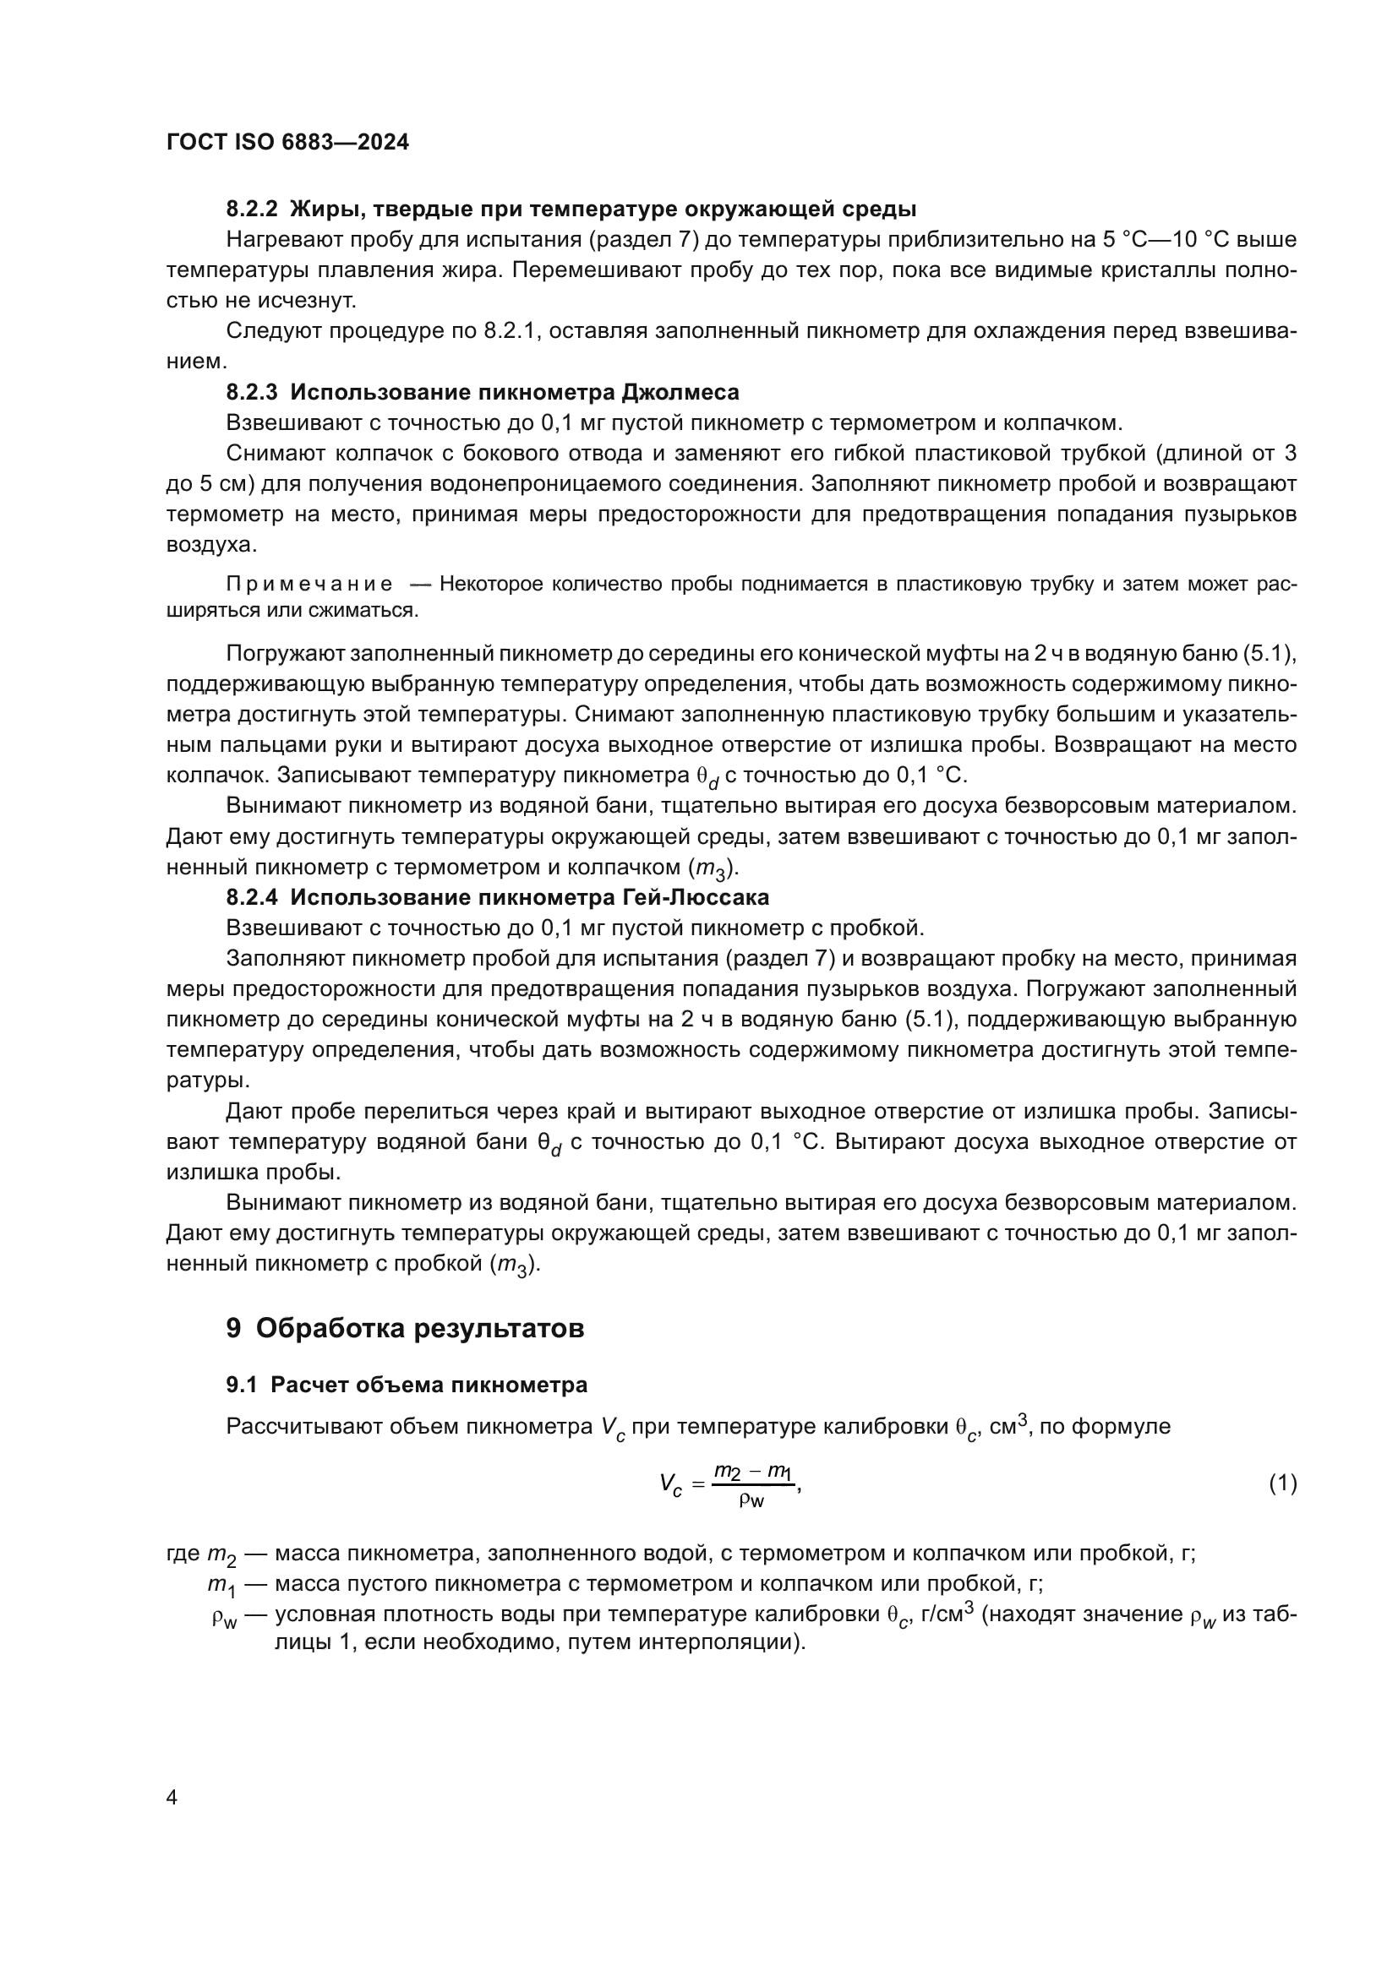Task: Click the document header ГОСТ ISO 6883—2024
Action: coord(287,143)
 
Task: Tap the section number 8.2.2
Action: coord(252,210)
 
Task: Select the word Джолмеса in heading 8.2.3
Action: coord(680,393)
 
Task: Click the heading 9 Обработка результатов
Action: coord(405,1328)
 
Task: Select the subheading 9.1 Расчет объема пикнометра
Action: coord(407,1385)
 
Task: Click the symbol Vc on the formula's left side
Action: coord(670,1484)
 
